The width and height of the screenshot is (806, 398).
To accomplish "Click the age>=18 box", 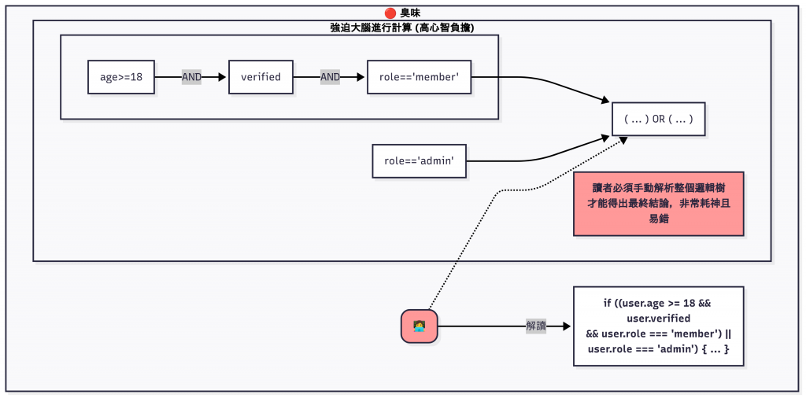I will (x=121, y=77).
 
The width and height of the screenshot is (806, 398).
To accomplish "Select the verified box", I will (x=261, y=77).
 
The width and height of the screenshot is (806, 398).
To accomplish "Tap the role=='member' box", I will (x=419, y=77).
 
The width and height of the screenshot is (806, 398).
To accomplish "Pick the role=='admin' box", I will (x=420, y=160).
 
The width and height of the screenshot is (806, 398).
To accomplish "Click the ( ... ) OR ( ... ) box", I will (x=658, y=120).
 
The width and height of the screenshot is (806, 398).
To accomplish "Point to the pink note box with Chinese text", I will (x=658, y=204).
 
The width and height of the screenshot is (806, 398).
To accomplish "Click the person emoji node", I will (x=419, y=326).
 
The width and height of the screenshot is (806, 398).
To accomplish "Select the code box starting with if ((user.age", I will (x=658, y=326).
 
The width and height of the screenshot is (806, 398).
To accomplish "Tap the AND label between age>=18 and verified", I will (x=191, y=77).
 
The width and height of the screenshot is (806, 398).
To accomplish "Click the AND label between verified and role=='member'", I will (x=330, y=77).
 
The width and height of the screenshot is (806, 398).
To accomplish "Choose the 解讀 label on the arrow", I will (x=536, y=326).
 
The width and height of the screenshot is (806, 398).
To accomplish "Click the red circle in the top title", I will (x=390, y=13).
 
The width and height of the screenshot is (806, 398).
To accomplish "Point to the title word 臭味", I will (x=410, y=13).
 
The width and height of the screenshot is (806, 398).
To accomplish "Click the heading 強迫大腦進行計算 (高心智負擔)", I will (x=401, y=28).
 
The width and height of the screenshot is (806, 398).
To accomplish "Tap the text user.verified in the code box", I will (x=658, y=318).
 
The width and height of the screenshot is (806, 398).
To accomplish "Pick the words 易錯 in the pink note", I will (x=658, y=219).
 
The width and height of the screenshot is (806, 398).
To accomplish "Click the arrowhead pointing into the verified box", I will (x=224, y=77).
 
